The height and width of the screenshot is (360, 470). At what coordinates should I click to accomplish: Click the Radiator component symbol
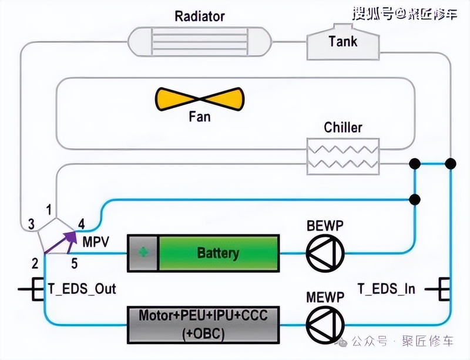point(200,42)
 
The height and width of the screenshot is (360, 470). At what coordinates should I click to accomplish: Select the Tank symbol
point(341,42)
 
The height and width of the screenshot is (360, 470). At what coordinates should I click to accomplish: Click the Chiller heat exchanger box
point(343,156)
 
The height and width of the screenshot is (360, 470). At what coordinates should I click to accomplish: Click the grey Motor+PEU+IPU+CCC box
point(203,324)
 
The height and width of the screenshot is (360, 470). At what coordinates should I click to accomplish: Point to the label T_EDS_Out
point(82,289)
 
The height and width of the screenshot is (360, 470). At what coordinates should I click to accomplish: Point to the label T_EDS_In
point(386,289)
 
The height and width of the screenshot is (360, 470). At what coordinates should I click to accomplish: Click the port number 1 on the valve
point(49,208)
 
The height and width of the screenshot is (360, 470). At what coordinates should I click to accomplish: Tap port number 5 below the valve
point(74,263)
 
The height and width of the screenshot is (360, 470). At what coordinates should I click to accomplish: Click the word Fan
point(199,116)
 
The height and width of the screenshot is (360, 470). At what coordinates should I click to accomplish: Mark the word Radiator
point(199,16)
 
